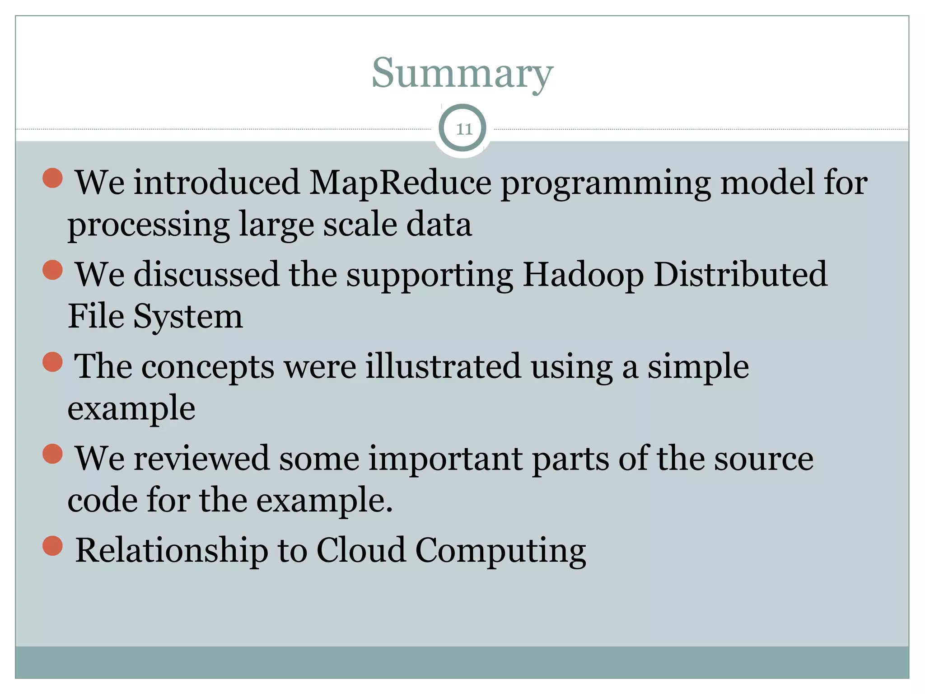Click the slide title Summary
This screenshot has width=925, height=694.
pos(462,74)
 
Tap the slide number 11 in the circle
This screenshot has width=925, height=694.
pos(463,129)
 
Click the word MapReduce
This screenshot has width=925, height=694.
pos(400,183)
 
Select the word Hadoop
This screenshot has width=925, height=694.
pos(583,275)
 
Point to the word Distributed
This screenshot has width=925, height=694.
pos(740,275)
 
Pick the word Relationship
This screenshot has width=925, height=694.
pos(171,551)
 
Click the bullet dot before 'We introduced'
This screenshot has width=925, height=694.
pos(52,178)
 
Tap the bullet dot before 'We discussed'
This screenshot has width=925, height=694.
pos(52,270)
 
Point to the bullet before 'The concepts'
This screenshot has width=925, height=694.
pos(52,362)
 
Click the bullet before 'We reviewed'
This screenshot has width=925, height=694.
pos(52,454)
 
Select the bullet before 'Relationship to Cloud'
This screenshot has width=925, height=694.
pos(52,546)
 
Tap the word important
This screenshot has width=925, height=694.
pos(445,459)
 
